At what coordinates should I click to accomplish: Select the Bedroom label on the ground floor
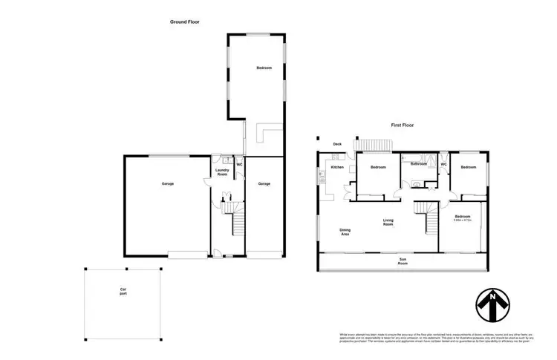[x=264, y=68]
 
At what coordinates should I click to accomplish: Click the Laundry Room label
[x=222, y=172]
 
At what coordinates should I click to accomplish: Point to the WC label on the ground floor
[x=239, y=165]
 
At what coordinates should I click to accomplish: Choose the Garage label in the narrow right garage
[x=264, y=183]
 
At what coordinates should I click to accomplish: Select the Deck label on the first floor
[x=336, y=144]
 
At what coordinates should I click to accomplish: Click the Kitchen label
[x=337, y=168]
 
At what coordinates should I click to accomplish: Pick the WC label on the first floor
[x=443, y=165]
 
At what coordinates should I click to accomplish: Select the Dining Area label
[x=345, y=232]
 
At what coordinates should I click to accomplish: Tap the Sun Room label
[x=403, y=261]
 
